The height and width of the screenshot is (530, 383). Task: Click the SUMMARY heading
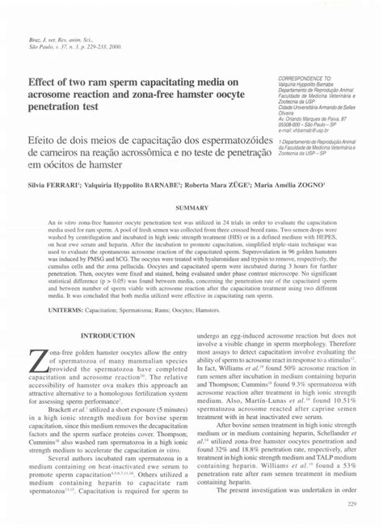[x=191, y=208]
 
